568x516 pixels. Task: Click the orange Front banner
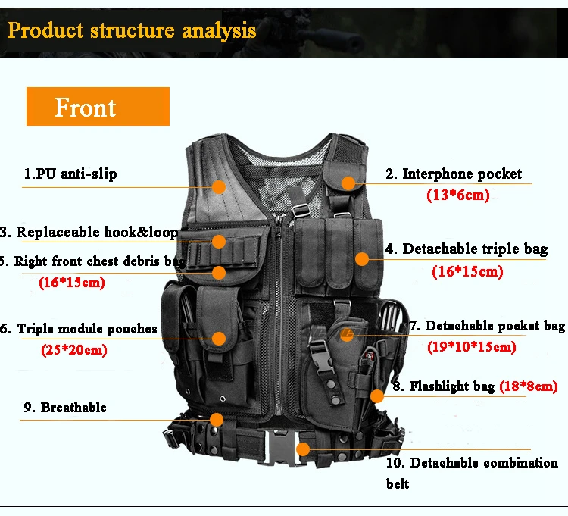pyautogui.click(x=98, y=107)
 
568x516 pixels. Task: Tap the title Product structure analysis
pyautogui.click(x=132, y=30)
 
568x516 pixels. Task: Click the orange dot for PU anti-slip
pyautogui.click(x=218, y=187)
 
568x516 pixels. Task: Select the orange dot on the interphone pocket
pyautogui.click(x=348, y=183)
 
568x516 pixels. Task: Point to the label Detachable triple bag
pyautogui.click(x=467, y=249)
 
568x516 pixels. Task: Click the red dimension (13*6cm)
pyautogui.click(x=458, y=195)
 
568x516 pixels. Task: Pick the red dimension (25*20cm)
pyautogui.click(x=74, y=350)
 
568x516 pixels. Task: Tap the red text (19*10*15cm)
pyautogui.click(x=471, y=347)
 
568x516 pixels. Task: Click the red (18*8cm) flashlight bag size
pyautogui.click(x=528, y=386)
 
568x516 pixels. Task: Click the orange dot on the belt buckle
pyautogui.click(x=303, y=449)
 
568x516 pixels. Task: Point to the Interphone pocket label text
pyautogui.click(x=454, y=174)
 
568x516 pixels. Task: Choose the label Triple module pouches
pyautogui.click(x=79, y=329)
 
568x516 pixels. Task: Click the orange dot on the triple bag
pyautogui.click(x=362, y=259)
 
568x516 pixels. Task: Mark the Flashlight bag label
pyautogui.click(x=444, y=386)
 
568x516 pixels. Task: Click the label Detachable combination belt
pyautogui.click(x=472, y=473)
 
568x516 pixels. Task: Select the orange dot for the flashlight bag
pyautogui.click(x=377, y=396)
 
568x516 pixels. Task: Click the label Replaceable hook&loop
pyautogui.click(x=89, y=232)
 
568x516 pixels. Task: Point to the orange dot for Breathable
pyautogui.click(x=217, y=420)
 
